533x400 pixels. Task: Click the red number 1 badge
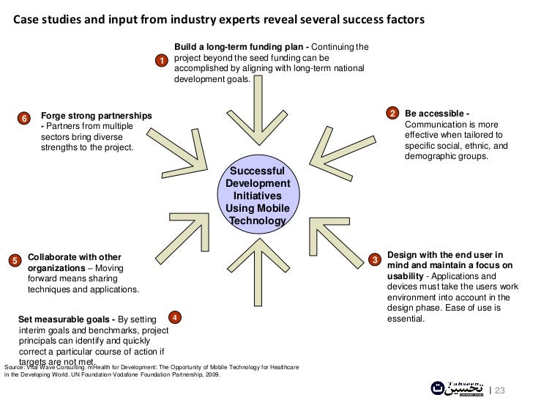161,59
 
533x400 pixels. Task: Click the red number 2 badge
392,113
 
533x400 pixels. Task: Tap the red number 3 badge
374,260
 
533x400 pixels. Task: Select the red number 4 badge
174,317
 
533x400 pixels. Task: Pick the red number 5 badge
15,261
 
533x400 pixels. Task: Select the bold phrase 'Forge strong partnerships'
97,116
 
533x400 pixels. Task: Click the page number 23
501,390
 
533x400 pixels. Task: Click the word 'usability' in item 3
406,275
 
